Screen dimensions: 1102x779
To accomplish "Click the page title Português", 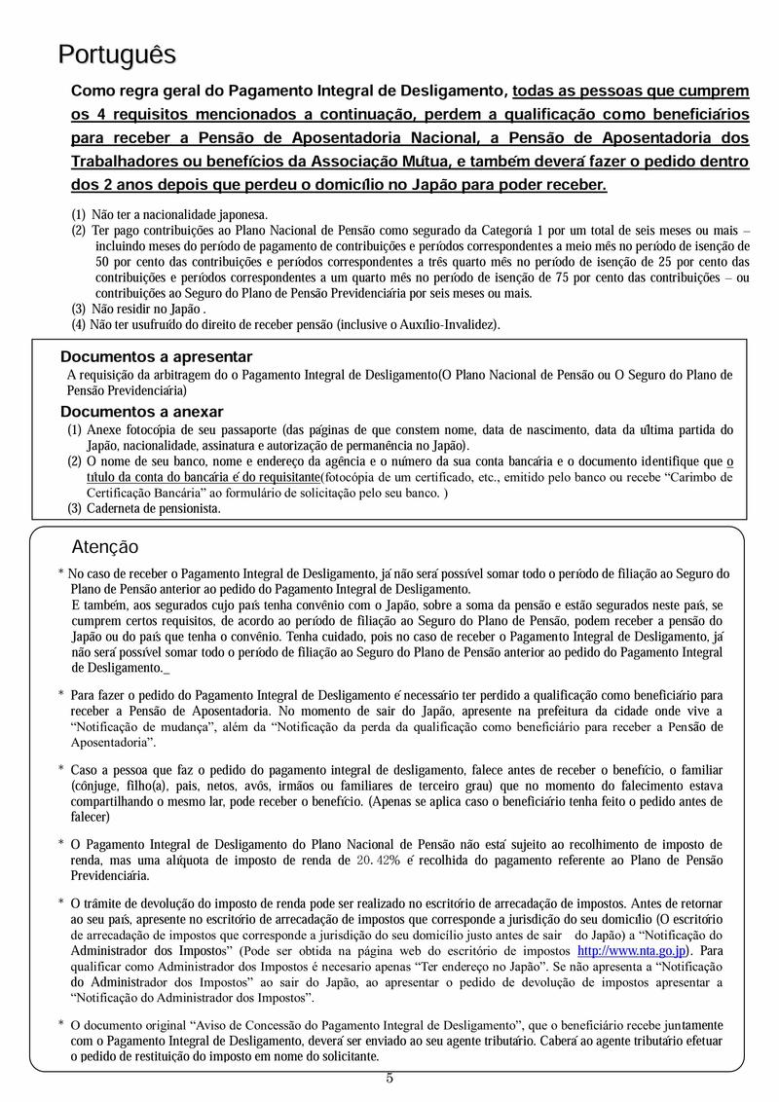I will [117, 55].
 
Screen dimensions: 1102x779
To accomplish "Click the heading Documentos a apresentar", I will [156, 356].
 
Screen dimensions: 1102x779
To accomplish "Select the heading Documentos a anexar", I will [141, 411].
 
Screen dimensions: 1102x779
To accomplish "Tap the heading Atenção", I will [105, 547].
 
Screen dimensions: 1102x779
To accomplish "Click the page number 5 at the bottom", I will [389, 1077].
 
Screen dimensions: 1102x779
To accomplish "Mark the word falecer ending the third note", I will [90, 817].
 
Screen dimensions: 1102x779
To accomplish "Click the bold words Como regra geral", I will [134, 91].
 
